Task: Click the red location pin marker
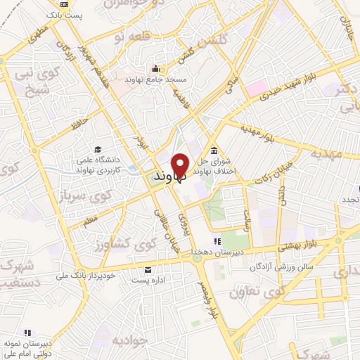[x=181, y=165]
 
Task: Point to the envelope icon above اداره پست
[x=147, y=270]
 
